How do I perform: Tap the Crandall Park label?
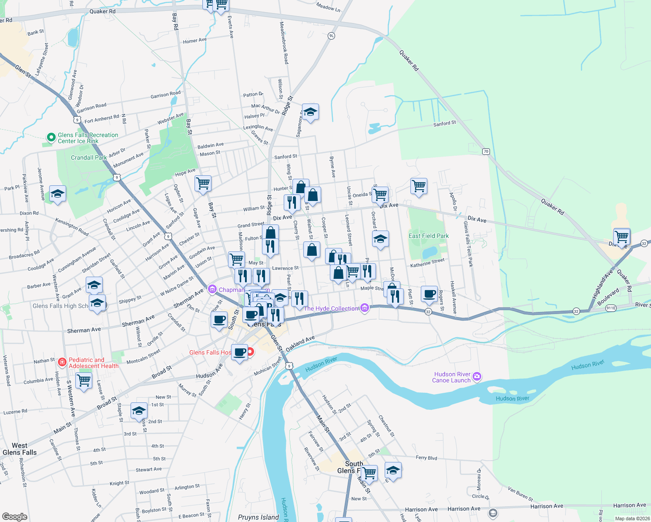point(89,157)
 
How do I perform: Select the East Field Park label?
point(428,236)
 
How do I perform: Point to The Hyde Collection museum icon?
point(365,308)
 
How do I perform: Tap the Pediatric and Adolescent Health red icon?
point(62,362)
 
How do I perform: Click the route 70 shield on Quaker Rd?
point(486,151)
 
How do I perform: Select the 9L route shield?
point(332,36)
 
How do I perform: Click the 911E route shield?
point(611,308)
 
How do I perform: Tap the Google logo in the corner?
point(15,516)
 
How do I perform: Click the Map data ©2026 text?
point(632,519)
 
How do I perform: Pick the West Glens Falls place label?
point(20,449)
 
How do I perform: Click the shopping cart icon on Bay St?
point(203,183)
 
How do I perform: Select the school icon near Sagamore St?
point(310,112)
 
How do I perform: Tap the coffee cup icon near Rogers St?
point(429,294)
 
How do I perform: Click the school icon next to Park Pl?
point(57,194)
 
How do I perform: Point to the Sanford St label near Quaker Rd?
point(444,124)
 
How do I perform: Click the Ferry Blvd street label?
point(426,458)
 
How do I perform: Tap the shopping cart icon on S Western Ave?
point(84,380)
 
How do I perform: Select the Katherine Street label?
point(427,263)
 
